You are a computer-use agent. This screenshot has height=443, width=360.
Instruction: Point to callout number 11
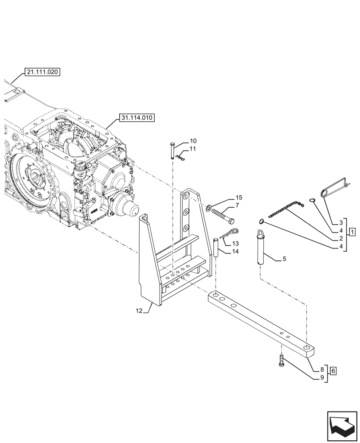pyautogui.click(x=192, y=149)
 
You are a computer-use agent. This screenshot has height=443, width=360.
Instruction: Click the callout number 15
pyautogui.click(x=239, y=197)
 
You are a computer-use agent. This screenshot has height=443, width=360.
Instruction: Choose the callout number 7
pyautogui.click(x=238, y=205)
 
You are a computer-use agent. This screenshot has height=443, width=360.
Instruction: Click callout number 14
pyautogui.click(x=235, y=251)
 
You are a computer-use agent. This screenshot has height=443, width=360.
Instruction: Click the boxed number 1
pyautogui.click(x=352, y=232)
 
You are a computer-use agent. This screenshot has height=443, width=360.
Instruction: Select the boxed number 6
pyautogui.click(x=333, y=370)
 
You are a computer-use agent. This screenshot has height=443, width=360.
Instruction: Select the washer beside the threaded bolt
pyautogui.click(x=209, y=207)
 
